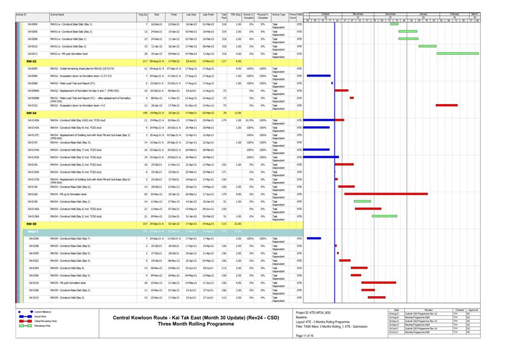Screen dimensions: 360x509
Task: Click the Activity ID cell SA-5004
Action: [33, 24]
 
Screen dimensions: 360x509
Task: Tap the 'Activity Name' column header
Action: [57, 15]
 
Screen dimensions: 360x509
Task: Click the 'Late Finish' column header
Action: [208, 15]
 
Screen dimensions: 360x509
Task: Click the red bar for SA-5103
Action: [446, 105]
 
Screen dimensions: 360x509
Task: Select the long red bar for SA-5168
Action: [385, 194]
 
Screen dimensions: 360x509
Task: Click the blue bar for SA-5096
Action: [318, 76]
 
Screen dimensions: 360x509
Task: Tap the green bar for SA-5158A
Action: [384, 216]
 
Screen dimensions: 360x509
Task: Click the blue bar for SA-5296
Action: [313, 238]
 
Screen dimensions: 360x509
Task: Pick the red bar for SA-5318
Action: [378, 282]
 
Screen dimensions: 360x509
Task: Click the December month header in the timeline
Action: [391, 13]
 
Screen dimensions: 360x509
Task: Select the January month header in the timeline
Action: [423, 13]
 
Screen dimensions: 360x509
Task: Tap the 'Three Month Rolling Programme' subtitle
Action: [196, 323]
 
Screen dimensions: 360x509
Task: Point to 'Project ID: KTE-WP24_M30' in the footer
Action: [313, 313]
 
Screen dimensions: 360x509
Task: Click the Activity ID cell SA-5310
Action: [33, 297]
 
